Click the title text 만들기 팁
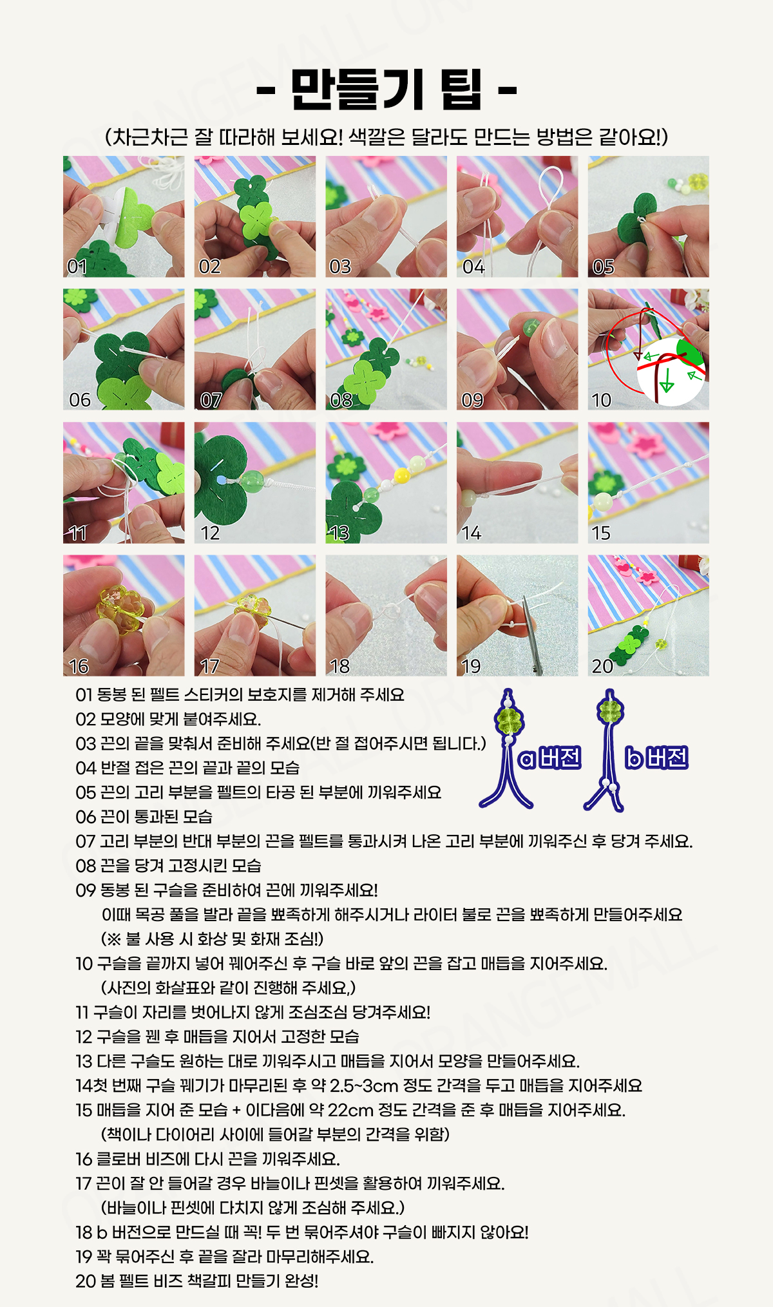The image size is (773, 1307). click(386, 89)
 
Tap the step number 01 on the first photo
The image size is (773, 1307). click(77, 266)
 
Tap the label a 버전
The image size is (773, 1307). click(549, 758)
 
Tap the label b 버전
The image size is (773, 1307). click(656, 758)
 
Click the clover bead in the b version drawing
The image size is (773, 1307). click(609, 711)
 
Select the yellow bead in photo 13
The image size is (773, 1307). click(402, 477)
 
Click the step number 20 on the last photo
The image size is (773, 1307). click(602, 665)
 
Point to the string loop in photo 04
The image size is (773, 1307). click(552, 187)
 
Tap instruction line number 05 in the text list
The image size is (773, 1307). click(86, 792)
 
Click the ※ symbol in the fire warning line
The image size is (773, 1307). click(113, 939)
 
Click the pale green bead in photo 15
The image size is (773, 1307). click(602, 501)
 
